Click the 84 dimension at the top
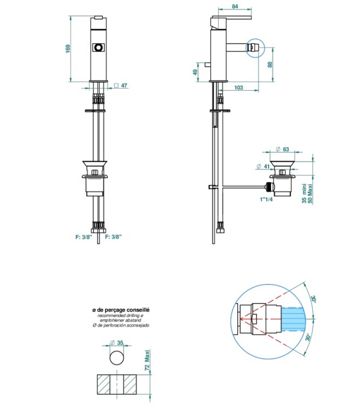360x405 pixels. pos(235,6)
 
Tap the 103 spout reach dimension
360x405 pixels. pos(239,87)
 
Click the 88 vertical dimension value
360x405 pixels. pos(270,64)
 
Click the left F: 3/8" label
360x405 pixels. pos(84,237)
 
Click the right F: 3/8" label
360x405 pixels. pos(114,237)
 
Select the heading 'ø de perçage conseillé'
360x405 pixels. pos(121,310)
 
